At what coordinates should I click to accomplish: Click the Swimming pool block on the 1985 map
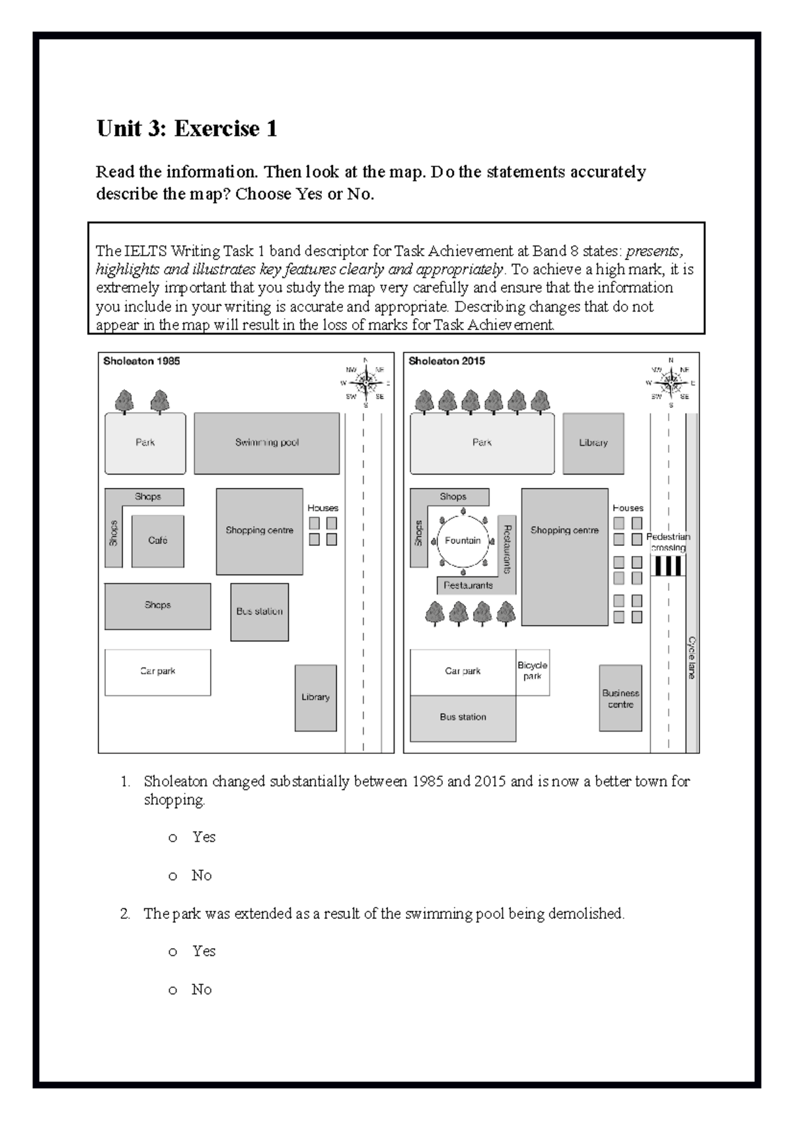(x=266, y=443)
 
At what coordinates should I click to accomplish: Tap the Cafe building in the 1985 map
(x=157, y=541)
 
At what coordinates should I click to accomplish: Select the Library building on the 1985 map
(x=315, y=697)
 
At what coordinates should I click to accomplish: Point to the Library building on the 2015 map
(x=593, y=443)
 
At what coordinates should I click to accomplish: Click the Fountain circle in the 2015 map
(x=463, y=541)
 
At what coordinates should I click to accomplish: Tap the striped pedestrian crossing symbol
(x=667, y=566)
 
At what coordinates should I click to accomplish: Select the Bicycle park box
(x=533, y=671)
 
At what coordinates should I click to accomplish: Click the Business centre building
(x=620, y=698)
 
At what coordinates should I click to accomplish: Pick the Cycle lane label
(x=692, y=658)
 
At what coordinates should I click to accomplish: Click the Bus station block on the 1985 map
(x=259, y=612)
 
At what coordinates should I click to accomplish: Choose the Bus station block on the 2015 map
(x=463, y=718)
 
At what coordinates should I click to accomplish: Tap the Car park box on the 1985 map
(x=157, y=671)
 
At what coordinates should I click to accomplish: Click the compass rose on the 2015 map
(x=671, y=382)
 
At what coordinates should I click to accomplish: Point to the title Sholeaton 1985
(x=141, y=361)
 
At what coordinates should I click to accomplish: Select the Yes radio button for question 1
(x=173, y=838)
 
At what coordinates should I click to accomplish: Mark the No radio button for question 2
(x=173, y=990)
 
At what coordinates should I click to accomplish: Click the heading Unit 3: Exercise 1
(x=186, y=128)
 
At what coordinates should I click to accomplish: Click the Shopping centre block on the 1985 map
(x=259, y=531)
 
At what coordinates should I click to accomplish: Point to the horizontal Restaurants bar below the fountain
(x=468, y=586)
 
